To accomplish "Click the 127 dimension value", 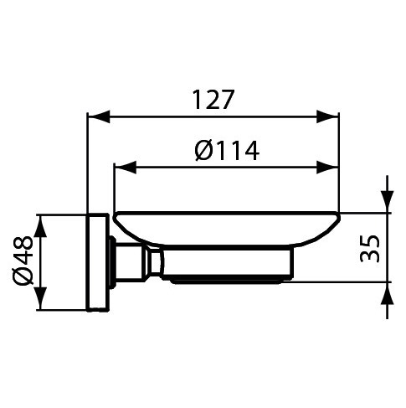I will [x=213, y=101].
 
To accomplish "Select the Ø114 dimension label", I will [x=226, y=151].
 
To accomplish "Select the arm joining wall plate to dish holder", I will [x=134, y=262].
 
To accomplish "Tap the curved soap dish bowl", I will [x=226, y=228].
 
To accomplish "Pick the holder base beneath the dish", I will [x=230, y=266].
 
